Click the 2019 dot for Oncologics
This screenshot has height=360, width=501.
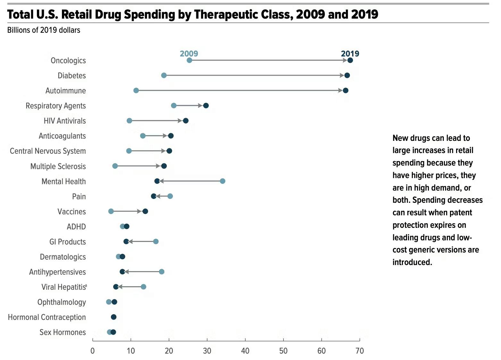pos(350,60)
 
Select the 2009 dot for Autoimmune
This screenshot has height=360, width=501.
pos(136,90)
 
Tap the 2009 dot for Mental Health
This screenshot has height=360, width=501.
pos(222,181)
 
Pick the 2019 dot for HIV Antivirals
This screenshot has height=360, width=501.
pos(185,121)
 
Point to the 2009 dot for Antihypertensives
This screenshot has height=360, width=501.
pos(162,272)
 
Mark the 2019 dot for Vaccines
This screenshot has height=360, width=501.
pos(145,211)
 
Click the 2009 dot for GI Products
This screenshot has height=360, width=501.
pos(156,241)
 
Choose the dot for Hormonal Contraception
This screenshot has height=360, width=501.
pos(114,317)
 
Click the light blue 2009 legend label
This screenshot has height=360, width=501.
pos(189,54)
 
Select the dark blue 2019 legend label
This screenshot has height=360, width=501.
pos(350,54)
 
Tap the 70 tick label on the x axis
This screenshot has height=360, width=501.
pos(360,351)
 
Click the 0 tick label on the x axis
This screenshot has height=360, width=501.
pos(93,351)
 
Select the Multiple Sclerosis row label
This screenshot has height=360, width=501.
pos(58,166)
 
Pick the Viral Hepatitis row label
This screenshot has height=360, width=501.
pos(64,287)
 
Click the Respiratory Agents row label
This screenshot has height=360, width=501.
pos(56,106)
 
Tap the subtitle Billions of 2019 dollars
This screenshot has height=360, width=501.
pos(44,30)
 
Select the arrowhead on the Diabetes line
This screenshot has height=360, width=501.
pos(342,75)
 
